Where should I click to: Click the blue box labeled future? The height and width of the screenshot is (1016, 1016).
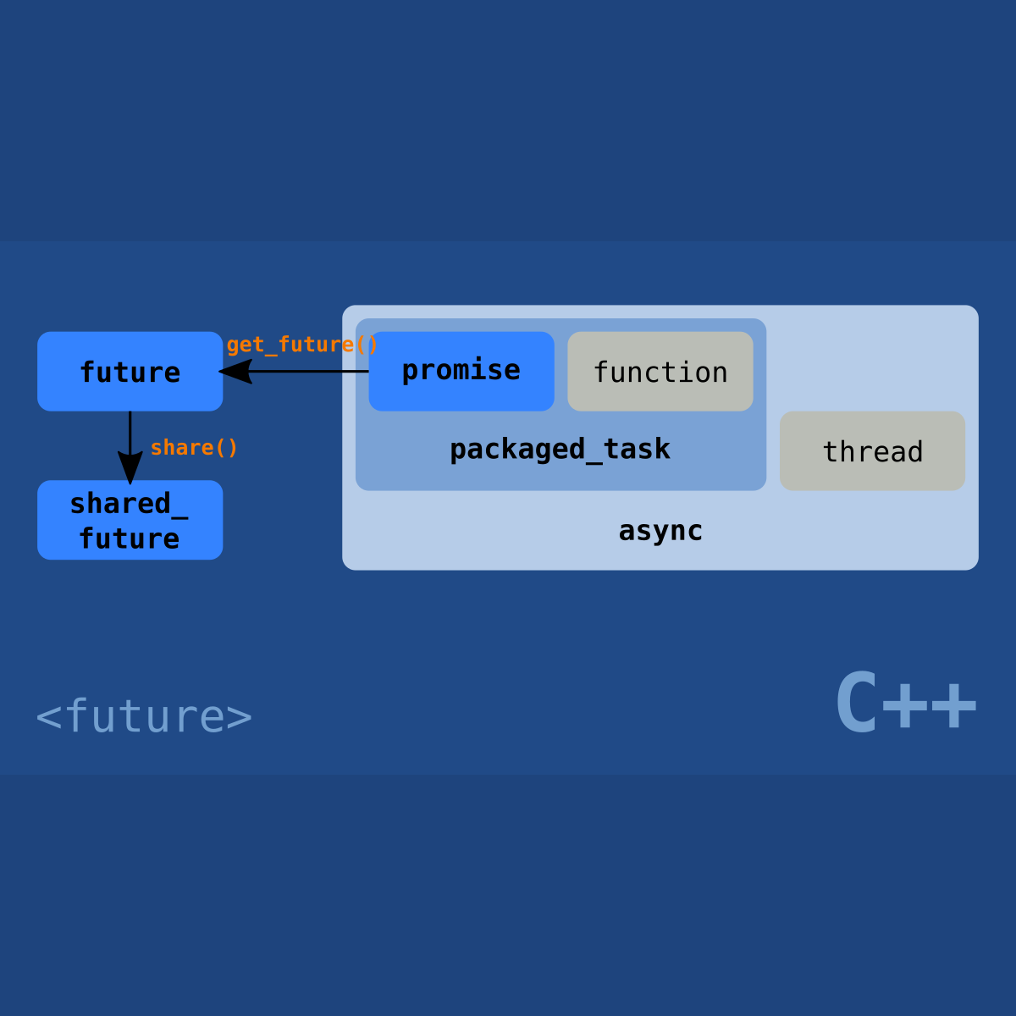click(130, 372)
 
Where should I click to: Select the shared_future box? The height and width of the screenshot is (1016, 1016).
click(130, 520)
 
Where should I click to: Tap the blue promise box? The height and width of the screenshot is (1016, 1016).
click(461, 371)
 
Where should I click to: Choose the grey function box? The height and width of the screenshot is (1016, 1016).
click(660, 372)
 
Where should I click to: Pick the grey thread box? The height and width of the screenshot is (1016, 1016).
click(872, 451)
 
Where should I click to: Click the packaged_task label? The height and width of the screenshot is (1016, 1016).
click(560, 450)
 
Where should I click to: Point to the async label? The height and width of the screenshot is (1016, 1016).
click(660, 531)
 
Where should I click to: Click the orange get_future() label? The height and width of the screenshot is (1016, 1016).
click(301, 345)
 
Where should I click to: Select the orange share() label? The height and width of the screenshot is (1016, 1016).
click(194, 448)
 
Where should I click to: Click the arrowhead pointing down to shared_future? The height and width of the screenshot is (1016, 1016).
click(130, 467)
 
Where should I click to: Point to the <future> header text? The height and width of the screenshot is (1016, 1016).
click(144, 716)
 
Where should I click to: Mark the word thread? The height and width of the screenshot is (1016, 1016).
click(872, 452)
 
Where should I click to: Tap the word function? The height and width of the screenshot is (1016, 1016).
click(660, 373)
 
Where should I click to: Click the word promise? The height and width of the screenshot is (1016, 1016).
click(461, 370)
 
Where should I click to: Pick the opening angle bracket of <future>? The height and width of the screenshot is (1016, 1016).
click(48, 717)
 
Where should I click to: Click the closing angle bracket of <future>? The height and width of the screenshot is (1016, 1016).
click(240, 717)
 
